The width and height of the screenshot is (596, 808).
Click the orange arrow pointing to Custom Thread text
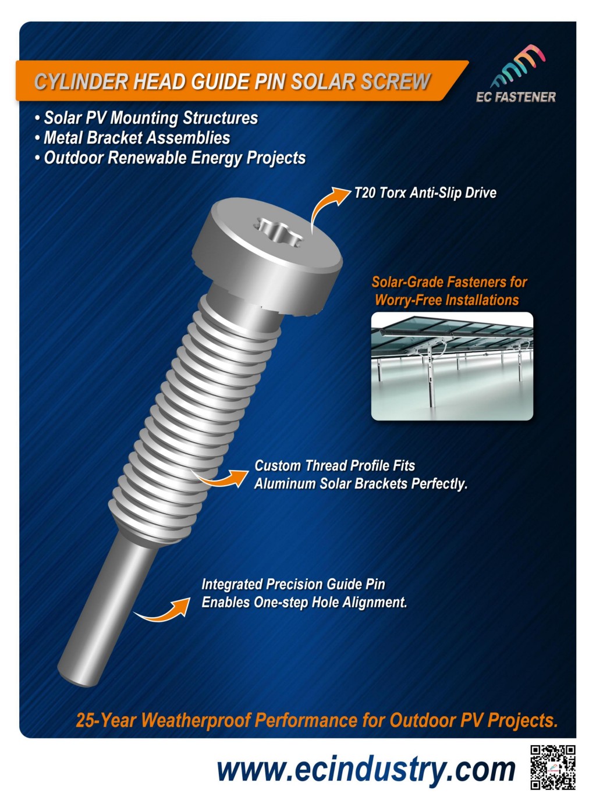[220, 478]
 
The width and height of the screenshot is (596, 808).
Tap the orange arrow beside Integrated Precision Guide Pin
[162, 609]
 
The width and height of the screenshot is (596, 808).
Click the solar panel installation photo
[452, 366]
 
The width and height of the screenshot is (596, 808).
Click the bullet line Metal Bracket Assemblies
[133, 138]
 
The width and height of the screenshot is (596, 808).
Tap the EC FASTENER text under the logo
[516, 97]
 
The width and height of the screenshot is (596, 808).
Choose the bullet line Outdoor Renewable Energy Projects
[171, 158]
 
